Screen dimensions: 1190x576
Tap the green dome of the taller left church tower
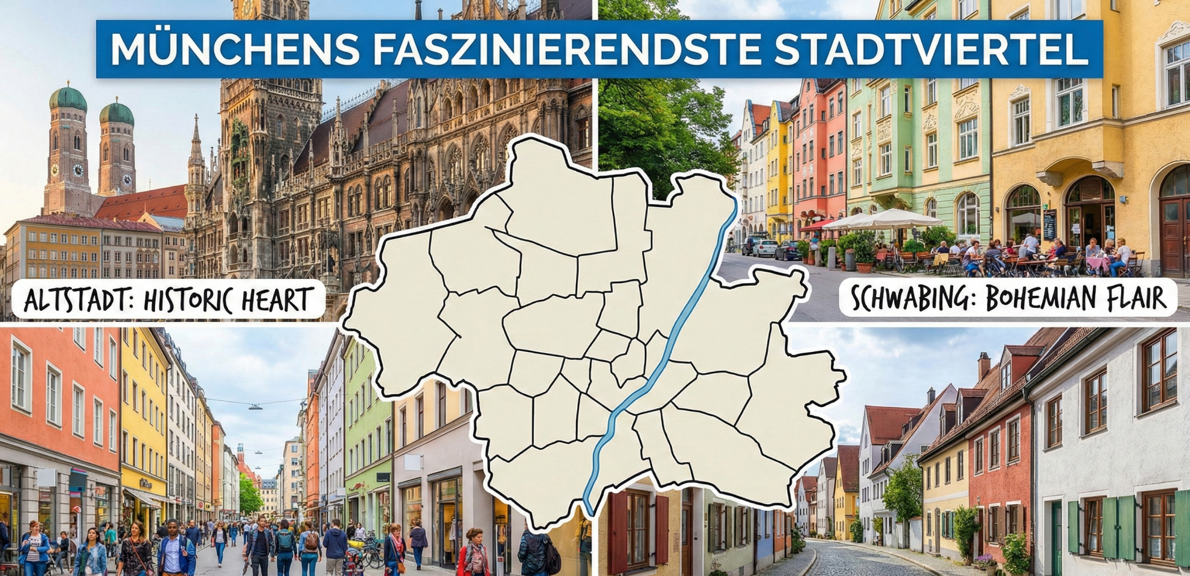(x=68, y=98)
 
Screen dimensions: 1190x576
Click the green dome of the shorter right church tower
(x=117, y=112)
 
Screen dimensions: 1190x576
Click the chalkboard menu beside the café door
(x=1049, y=225)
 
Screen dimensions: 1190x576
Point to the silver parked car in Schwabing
(x=764, y=248)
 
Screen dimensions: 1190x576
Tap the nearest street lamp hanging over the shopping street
(x=255, y=407)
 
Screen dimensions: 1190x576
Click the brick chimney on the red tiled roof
(x=984, y=365)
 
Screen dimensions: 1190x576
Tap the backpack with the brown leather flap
(x=312, y=540)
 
